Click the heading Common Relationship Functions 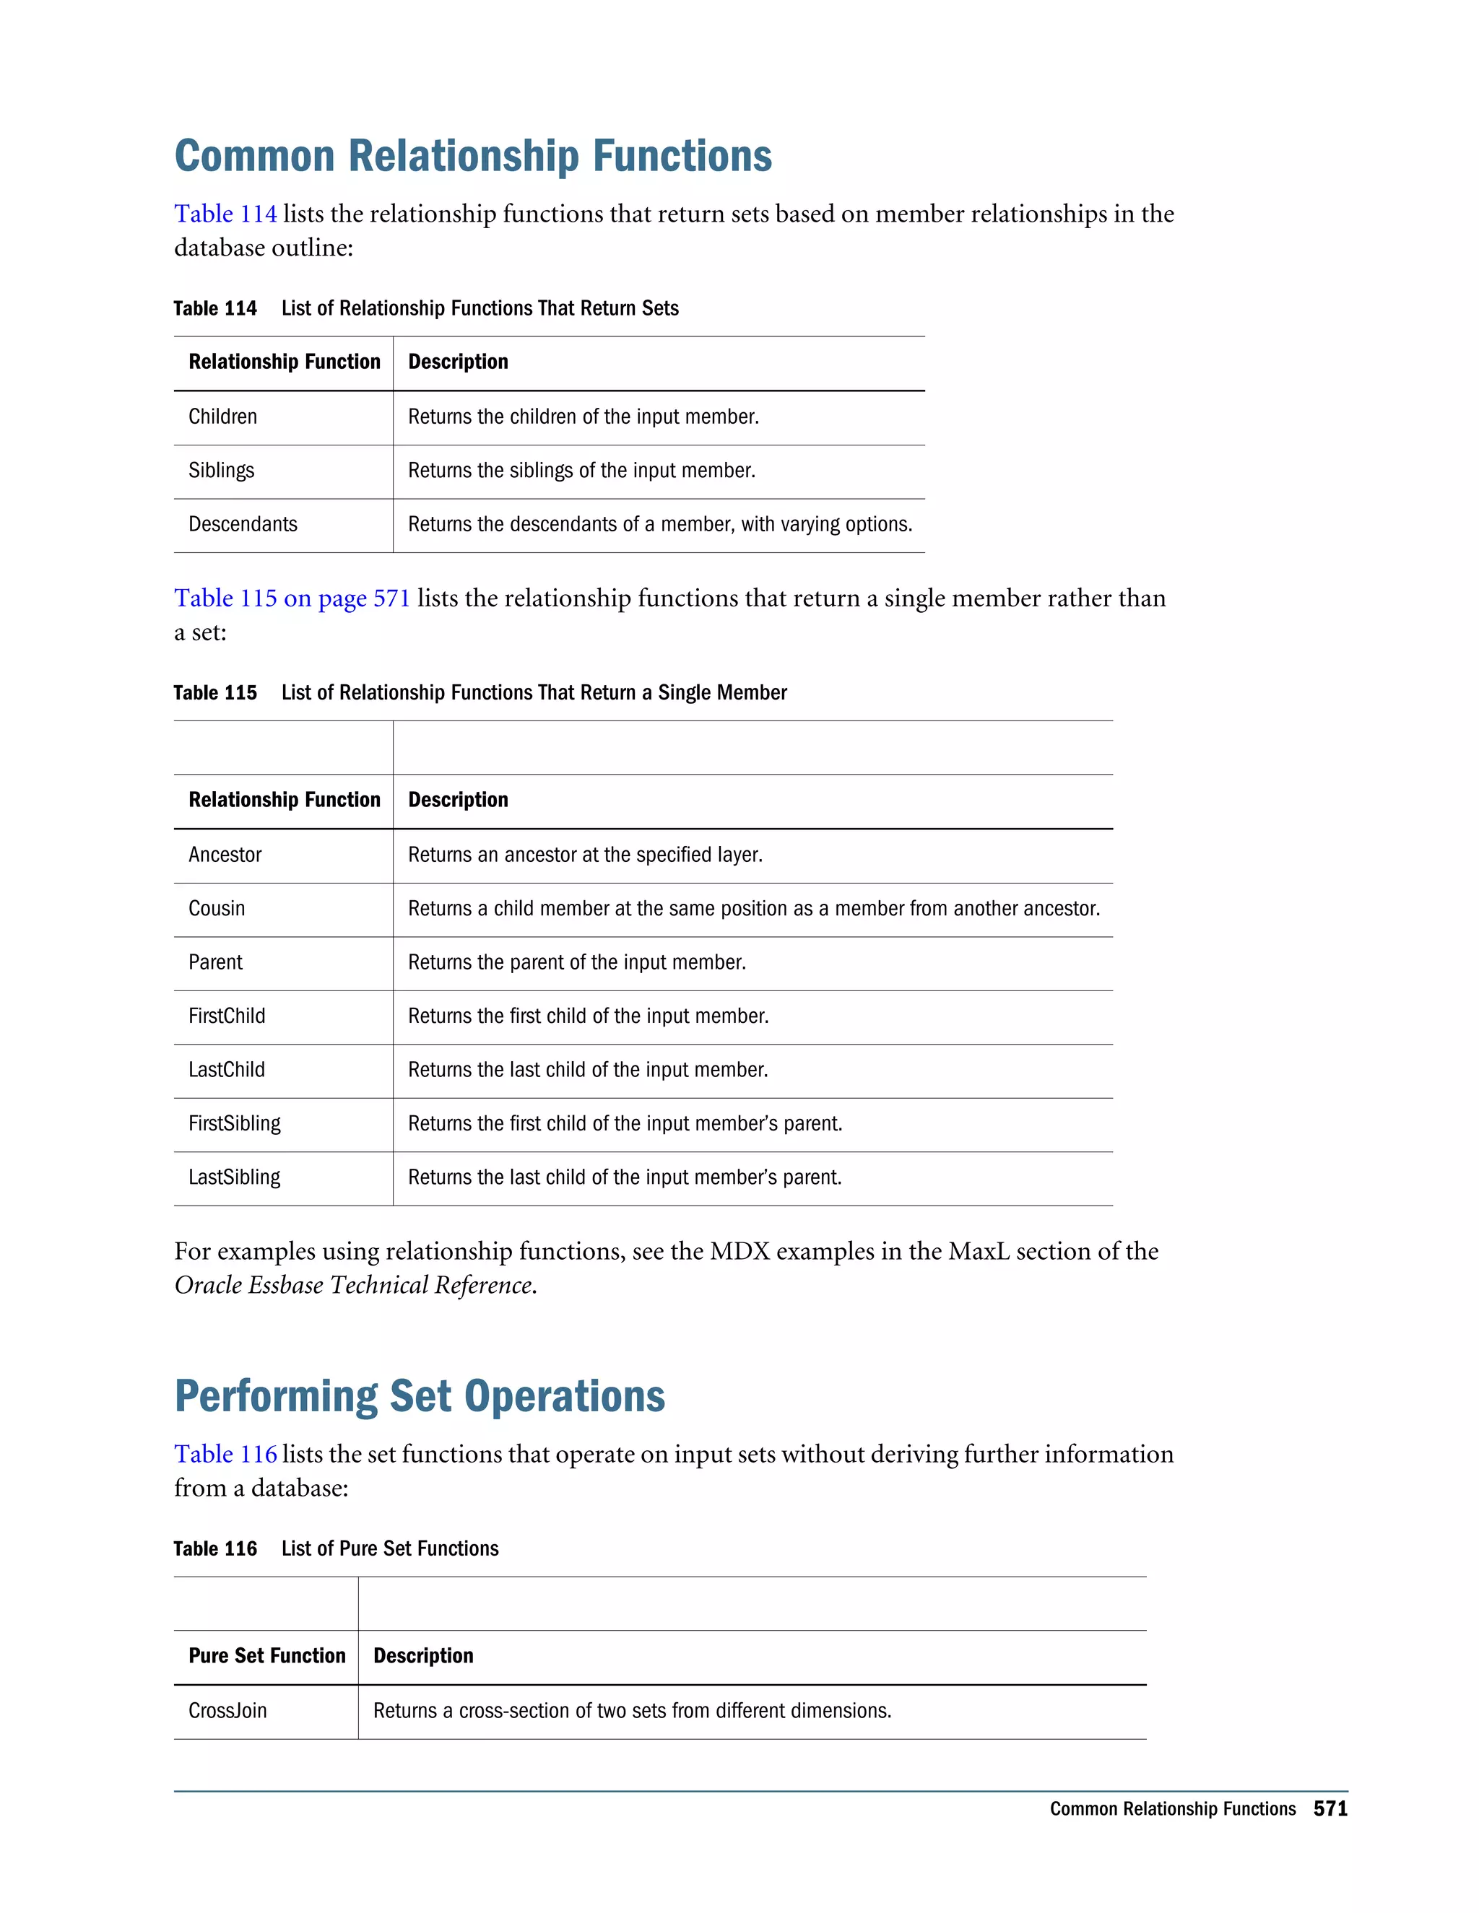click(x=473, y=157)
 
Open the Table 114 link click(x=225, y=214)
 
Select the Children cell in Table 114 click(x=222, y=417)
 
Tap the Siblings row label click(x=221, y=471)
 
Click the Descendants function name click(x=243, y=524)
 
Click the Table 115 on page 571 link click(x=292, y=598)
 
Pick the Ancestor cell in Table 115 click(x=225, y=855)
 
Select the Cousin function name click(x=217, y=908)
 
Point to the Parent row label click(x=215, y=962)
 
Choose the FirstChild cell click(x=226, y=1016)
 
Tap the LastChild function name click(x=226, y=1070)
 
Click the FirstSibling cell click(x=234, y=1124)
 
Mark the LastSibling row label click(x=234, y=1177)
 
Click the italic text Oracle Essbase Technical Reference click(x=354, y=1285)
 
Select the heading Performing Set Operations click(x=420, y=1397)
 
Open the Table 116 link click(x=225, y=1454)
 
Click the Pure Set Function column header click(x=266, y=1655)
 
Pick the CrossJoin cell click(x=227, y=1711)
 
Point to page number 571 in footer click(x=1330, y=1809)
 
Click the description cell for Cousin click(x=753, y=908)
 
